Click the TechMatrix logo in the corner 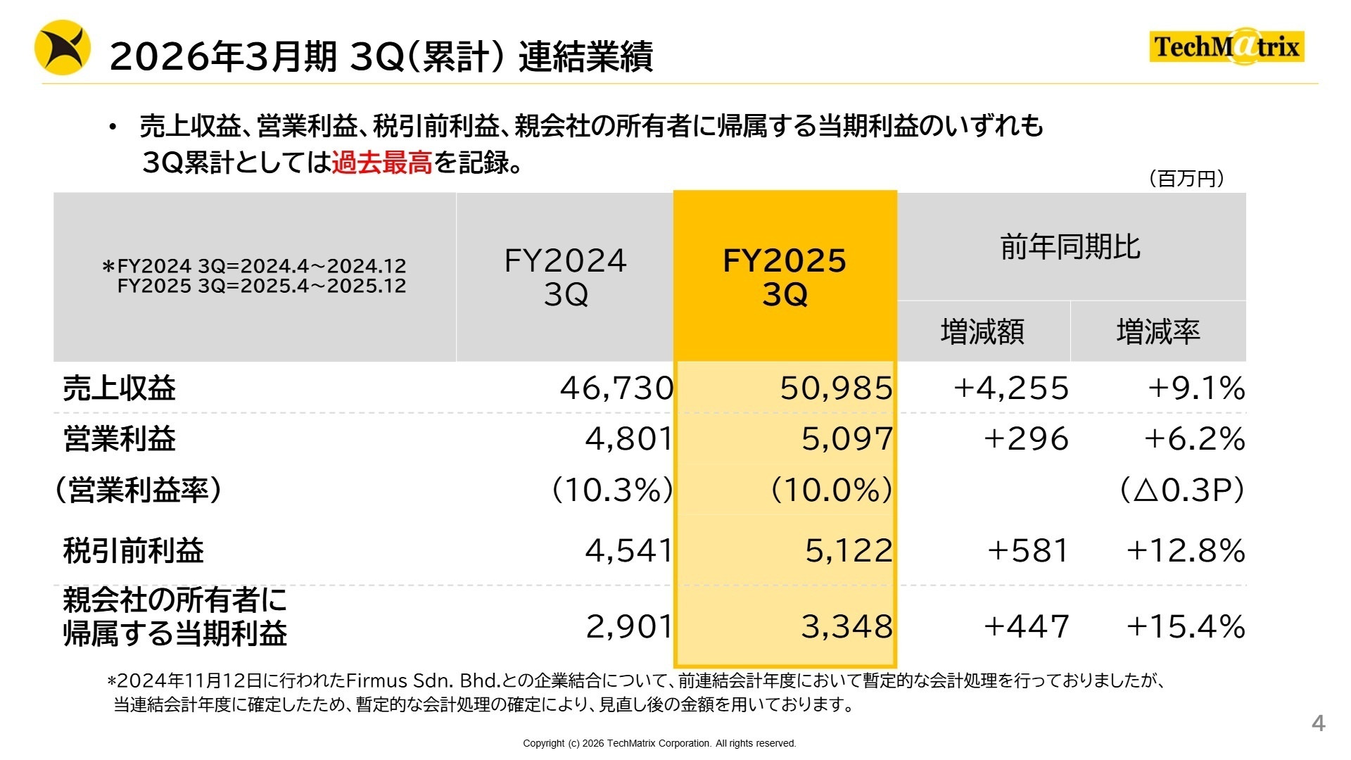click(1226, 46)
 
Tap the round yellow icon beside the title click(63, 48)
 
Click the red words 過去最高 click(381, 163)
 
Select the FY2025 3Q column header click(785, 277)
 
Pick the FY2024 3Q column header click(565, 277)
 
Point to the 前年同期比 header click(1070, 247)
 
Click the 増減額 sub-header click(982, 331)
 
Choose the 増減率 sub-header click(1157, 331)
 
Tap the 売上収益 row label click(120, 388)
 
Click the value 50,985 click(836, 388)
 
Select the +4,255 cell click(1011, 388)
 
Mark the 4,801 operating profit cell click(629, 439)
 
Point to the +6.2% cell click(1194, 439)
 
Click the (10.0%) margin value click(831, 490)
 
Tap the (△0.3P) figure click(1181, 490)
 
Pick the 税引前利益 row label click(134, 550)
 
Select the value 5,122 click(849, 550)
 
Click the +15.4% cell click(1186, 626)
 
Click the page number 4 click(1318, 723)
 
